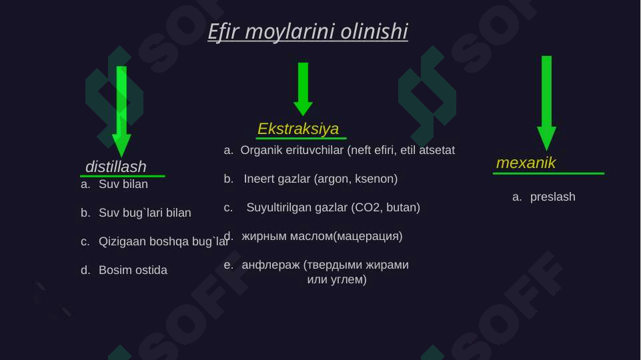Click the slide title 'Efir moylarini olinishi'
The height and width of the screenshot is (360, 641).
click(307, 31)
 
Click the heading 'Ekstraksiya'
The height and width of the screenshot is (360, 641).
click(298, 128)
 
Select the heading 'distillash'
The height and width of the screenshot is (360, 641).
click(116, 166)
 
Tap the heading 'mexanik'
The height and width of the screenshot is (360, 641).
click(526, 163)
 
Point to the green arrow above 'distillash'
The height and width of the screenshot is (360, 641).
click(121, 110)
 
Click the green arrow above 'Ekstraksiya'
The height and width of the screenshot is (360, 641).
click(303, 89)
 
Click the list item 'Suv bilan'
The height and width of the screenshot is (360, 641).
click(123, 184)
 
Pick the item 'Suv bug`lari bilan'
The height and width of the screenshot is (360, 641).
click(145, 213)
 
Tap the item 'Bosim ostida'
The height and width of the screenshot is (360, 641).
click(133, 271)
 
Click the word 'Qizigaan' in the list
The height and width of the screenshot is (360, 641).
click(119, 242)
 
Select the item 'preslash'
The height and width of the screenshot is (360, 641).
click(552, 197)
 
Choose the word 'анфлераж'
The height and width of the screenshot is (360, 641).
click(270, 265)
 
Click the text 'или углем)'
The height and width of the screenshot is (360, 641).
click(337, 279)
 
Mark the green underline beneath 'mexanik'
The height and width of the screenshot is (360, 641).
click(548, 173)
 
